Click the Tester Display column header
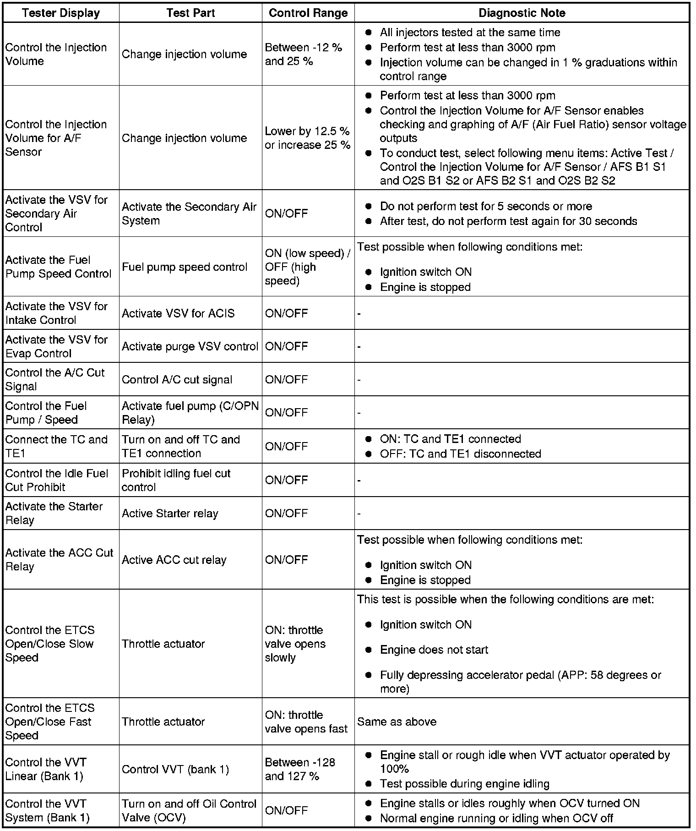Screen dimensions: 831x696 pos(61,13)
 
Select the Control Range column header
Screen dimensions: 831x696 pos(308,13)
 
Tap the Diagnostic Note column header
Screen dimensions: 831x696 pos(522,13)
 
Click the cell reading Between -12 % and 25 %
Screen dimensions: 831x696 pos(304,55)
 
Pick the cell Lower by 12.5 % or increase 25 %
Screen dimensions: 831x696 pos(307,138)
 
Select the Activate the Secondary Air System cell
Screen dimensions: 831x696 pos(189,213)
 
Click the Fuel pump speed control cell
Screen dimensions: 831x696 pos(185,267)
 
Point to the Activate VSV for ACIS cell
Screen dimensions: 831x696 pos(178,313)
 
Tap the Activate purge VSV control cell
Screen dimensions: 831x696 pos(190,347)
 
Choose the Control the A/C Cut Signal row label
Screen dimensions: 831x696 pos(55,379)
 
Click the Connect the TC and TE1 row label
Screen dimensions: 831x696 pos(56,446)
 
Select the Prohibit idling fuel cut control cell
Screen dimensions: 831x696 pos(176,480)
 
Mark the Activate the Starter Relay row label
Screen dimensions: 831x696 pos(54,513)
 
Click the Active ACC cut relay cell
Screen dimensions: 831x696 pos(174,560)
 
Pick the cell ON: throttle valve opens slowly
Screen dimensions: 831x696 pos(295,644)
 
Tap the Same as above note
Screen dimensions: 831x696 pos(397,722)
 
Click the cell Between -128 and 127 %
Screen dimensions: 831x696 pos(300,769)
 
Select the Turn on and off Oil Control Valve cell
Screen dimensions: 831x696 pos(189,810)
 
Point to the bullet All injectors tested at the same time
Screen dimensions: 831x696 pos(470,33)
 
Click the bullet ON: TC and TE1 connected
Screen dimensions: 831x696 pos(450,439)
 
